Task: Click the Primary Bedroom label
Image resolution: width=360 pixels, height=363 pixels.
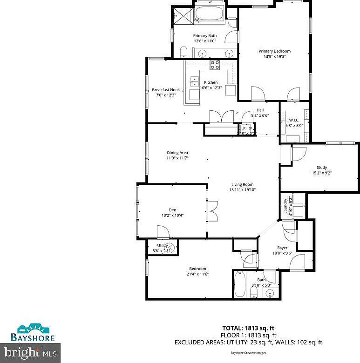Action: click(x=275, y=51)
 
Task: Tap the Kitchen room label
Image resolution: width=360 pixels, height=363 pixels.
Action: click(x=211, y=82)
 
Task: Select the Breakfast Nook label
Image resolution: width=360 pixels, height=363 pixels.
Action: click(x=166, y=90)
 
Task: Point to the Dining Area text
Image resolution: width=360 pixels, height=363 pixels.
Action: click(x=177, y=153)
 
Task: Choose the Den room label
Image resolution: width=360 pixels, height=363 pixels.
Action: click(x=172, y=210)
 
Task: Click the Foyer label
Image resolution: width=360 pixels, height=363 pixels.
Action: click(x=282, y=248)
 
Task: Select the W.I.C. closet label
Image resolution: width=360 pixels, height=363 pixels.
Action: click(x=293, y=120)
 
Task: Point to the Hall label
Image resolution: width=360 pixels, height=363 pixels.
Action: click(x=260, y=110)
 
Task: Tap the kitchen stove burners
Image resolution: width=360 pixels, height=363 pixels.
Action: click(x=215, y=65)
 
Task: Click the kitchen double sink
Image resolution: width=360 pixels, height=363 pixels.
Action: click(x=194, y=82)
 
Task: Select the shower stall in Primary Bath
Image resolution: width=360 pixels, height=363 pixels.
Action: click(x=183, y=17)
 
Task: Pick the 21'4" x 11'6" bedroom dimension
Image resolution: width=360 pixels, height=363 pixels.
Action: click(x=197, y=274)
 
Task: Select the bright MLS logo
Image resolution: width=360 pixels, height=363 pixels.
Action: click(x=31, y=353)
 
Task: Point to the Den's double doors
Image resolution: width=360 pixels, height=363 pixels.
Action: click(x=212, y=210)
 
